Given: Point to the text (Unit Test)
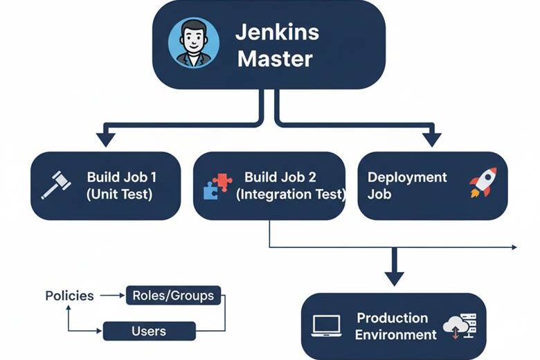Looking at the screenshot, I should click(120, 195).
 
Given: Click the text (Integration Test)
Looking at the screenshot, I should click(290, 195).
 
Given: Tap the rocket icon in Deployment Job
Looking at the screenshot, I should click(482, 183).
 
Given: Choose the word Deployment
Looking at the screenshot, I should click(407, 177).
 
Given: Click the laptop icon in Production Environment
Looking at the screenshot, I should click(327, 326).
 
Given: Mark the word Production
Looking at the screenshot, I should click(393, 318).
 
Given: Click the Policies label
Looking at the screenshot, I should click(69, 296).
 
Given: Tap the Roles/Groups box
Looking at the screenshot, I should click(173, 296).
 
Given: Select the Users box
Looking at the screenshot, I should click(148, 331).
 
